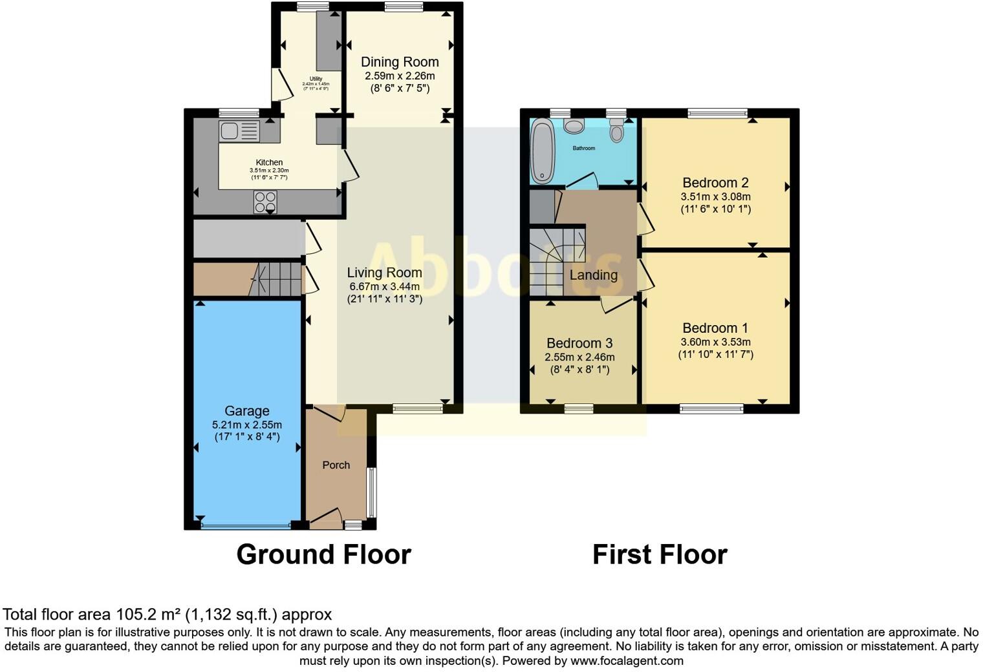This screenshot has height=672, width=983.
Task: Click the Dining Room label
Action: (400, 62)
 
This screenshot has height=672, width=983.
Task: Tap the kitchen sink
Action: (239, 131)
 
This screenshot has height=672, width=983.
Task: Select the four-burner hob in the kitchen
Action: (265, 202)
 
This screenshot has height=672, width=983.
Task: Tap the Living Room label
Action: (384, 273)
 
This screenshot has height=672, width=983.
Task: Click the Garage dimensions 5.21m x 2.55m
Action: (247, 425)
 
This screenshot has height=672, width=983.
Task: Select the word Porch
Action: (336, 465)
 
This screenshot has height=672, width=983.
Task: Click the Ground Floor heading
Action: (323, 554)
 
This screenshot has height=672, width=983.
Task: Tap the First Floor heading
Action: (660, 554)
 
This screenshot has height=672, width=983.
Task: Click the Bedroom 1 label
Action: (715, 328)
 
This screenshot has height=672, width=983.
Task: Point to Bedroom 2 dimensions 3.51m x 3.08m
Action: (715, 196)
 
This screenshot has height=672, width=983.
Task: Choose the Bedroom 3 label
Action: (579, 343)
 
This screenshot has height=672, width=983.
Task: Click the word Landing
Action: (593, 275)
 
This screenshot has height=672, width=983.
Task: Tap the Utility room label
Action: (316, 79)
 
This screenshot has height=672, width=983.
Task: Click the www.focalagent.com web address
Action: (627, 661)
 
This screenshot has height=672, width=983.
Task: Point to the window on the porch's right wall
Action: (371, 492)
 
